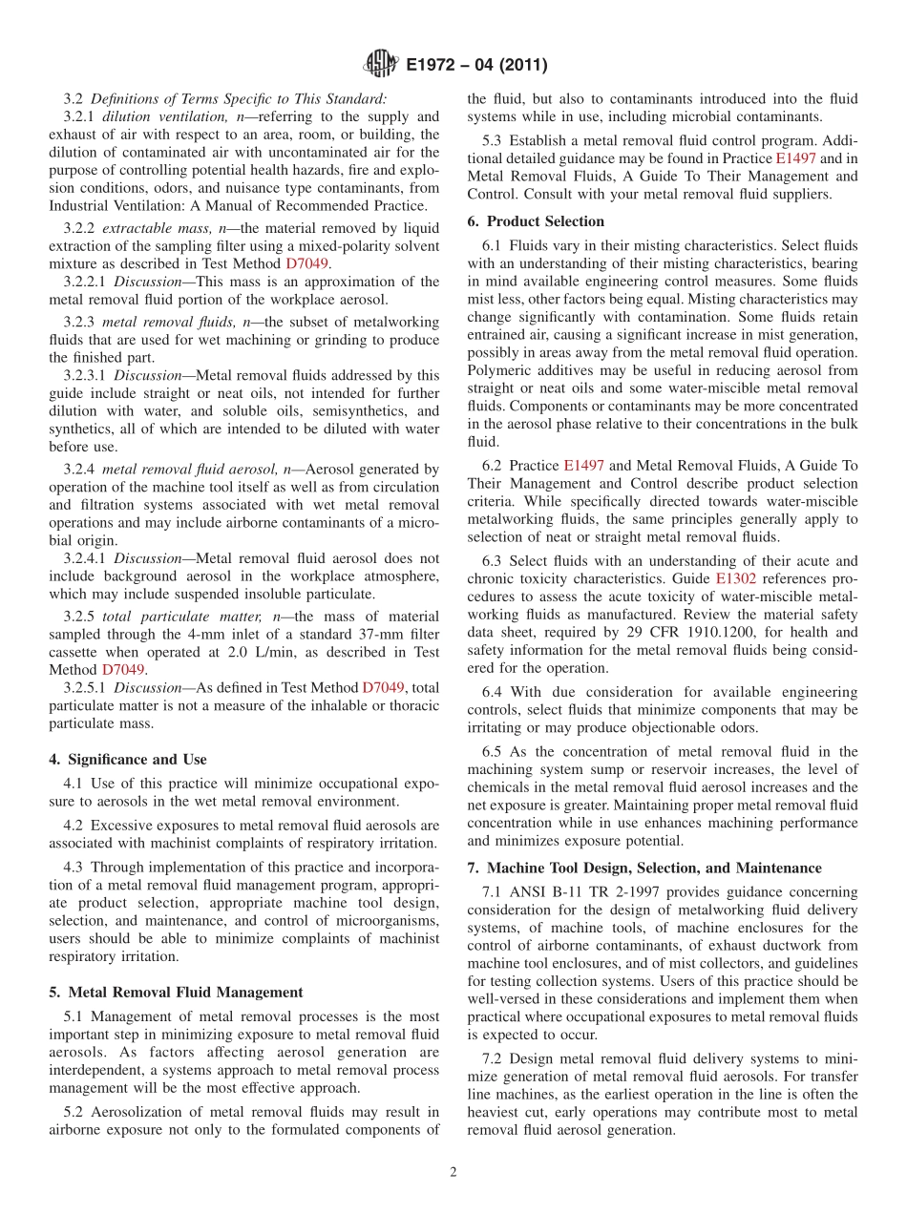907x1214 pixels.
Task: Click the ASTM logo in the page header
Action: pos(381,65)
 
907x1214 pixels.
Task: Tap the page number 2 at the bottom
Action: pos(453,1173)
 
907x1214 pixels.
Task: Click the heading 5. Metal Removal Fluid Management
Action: pos(176,993)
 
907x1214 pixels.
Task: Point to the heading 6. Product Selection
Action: pos(536,221)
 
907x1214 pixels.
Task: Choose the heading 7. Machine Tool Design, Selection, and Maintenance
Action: pos(644,869)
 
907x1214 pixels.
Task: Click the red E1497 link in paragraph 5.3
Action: pos(795,159)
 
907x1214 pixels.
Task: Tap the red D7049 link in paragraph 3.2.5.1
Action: pos(384,688)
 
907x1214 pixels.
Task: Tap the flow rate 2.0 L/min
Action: pos(243,653)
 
